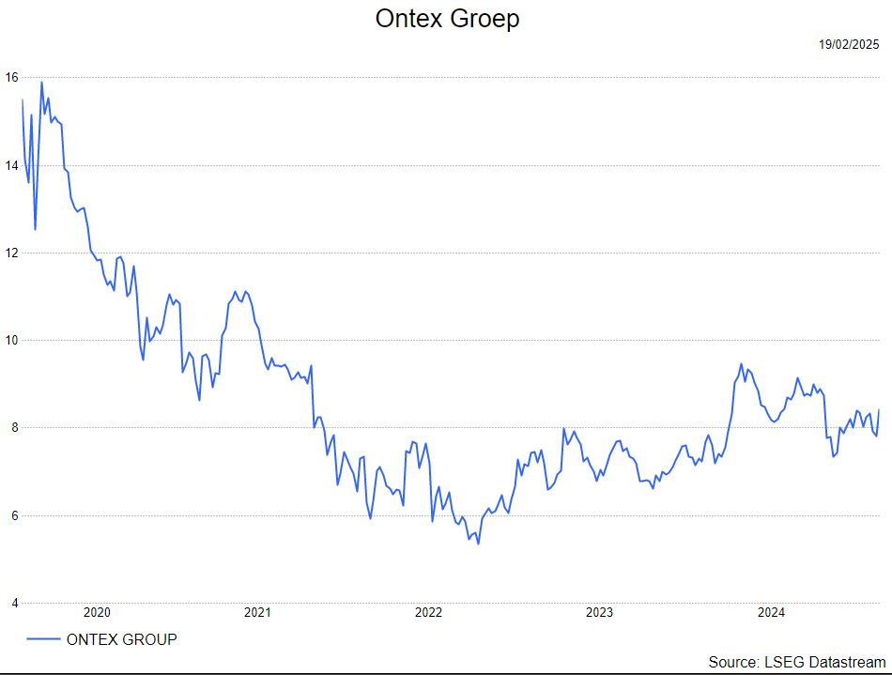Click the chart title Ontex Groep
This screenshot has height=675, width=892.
447,19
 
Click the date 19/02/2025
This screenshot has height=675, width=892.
849,44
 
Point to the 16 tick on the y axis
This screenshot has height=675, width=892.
11,77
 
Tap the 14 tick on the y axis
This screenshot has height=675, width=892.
11,165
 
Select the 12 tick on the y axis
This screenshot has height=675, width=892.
11,253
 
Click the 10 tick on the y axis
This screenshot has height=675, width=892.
11,340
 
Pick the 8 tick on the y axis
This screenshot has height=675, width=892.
15,428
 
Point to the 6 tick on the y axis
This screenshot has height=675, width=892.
15,515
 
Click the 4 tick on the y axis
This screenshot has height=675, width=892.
15,603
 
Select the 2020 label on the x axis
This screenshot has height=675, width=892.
97,612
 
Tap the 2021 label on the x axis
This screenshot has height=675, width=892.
257,612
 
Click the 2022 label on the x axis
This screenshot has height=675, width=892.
428,612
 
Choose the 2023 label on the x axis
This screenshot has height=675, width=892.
600,612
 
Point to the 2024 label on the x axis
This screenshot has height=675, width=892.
771,612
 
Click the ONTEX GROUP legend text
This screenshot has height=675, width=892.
122,639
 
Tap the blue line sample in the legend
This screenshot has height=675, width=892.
43,639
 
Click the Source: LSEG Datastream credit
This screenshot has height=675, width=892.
797,662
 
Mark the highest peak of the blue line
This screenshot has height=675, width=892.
41,82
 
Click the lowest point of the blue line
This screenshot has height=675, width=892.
479,545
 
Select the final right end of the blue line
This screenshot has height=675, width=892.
879,409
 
